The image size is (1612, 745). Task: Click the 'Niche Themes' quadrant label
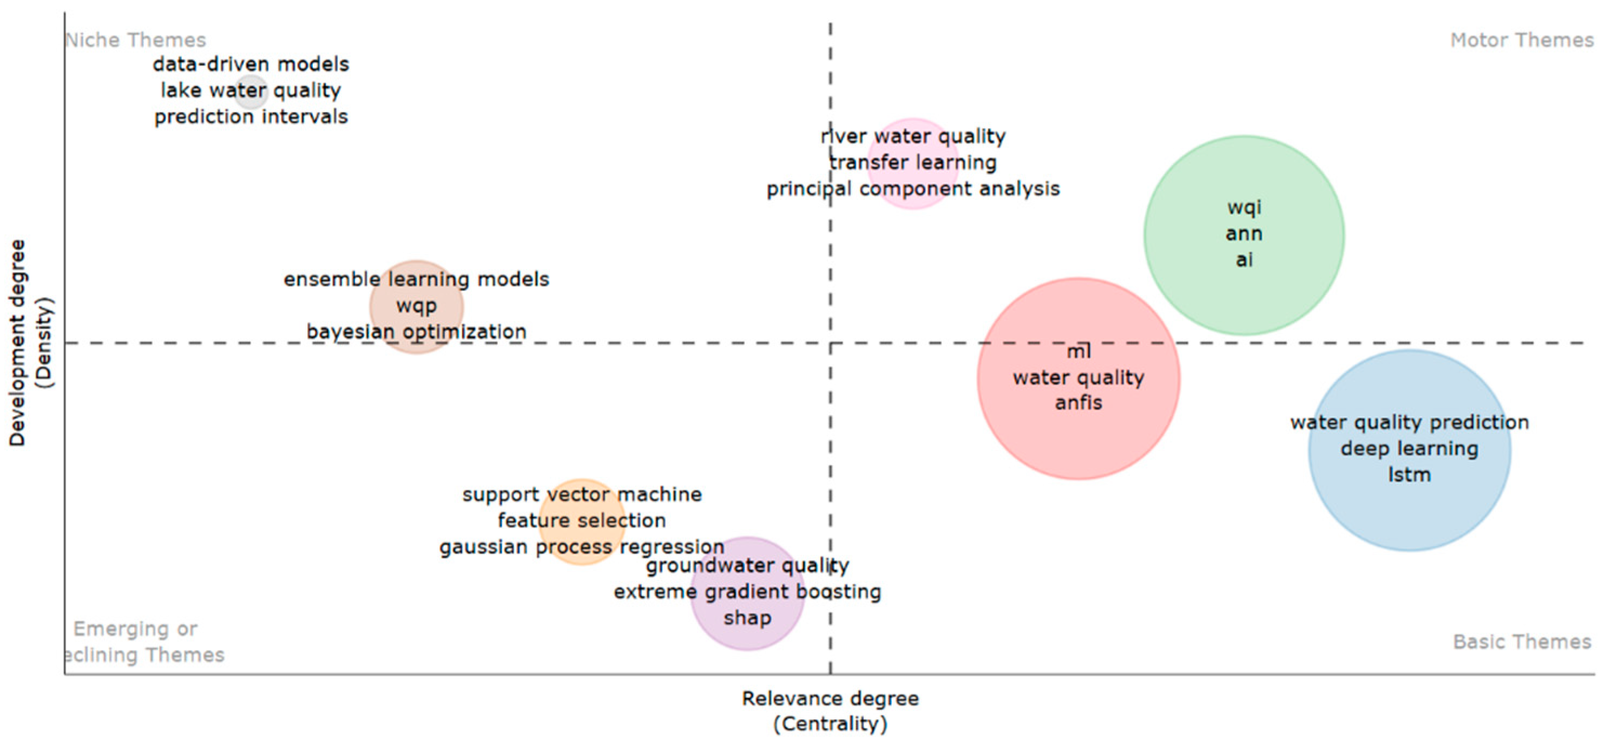coord(136,40)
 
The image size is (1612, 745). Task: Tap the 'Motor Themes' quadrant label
coord(1521,40)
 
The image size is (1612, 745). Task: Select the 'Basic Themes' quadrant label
coord(1521,642)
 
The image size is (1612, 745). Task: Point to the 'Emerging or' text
coord(135,629)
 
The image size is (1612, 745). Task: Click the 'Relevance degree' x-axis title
coord(830,698)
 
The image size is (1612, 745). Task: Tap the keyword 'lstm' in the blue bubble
coord(1409,475)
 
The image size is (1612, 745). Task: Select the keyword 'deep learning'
coord(1409,449)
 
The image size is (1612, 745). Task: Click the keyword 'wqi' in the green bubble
coord(1243,207)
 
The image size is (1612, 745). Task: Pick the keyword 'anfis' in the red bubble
coord(1078,403)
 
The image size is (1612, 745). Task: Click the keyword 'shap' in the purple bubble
coord(747,618)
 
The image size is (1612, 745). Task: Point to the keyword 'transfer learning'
coord(913,163)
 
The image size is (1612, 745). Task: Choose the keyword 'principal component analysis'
coord(913,189)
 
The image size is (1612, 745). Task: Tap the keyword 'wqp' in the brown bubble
coord(416,306)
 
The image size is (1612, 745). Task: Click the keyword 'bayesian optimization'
coord(416,332)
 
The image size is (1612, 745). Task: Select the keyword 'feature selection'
coord(581,520)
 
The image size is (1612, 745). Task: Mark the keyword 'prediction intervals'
coord(251,117)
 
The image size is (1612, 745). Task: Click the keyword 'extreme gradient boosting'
coord(747,592)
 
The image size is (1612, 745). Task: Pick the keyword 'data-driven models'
coord(251,64)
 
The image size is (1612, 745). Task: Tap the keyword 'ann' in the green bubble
coord(1243,234)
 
